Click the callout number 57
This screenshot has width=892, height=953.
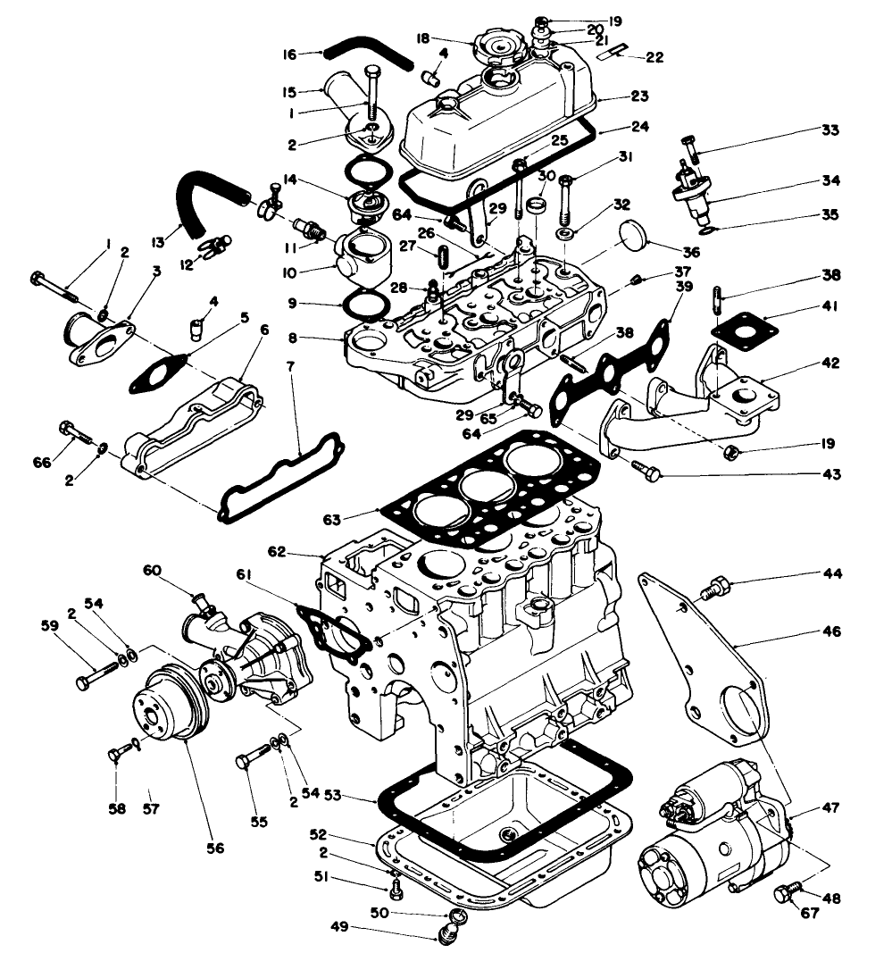pyautogui.click(x=151, y=796)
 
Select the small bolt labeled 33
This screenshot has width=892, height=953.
pyautogui.click(x=691, y=142)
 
